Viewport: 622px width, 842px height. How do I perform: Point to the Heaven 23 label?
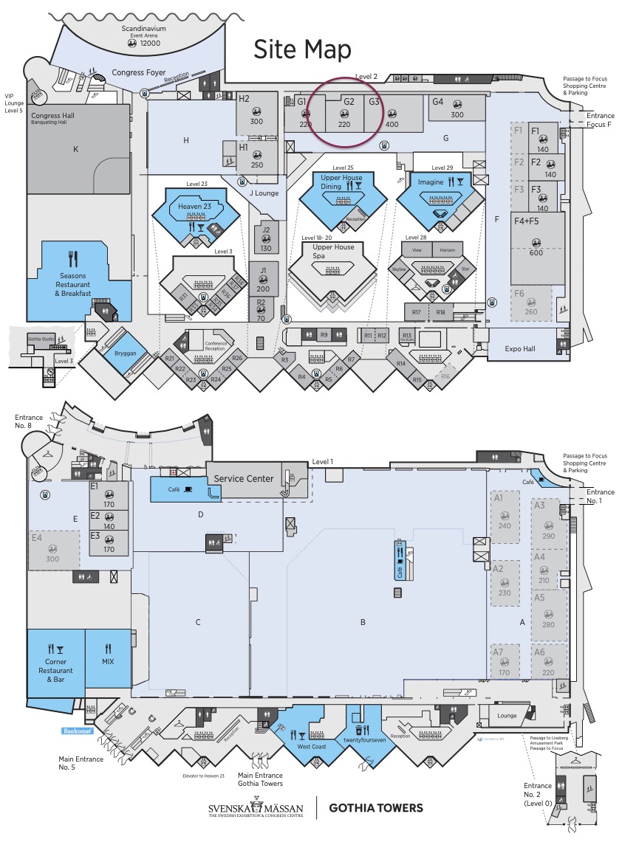194,207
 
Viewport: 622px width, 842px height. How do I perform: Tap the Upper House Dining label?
341,182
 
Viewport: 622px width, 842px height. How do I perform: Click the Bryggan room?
126,353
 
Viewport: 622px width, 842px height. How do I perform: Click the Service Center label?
244,478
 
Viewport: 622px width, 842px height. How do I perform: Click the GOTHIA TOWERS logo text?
376,807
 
